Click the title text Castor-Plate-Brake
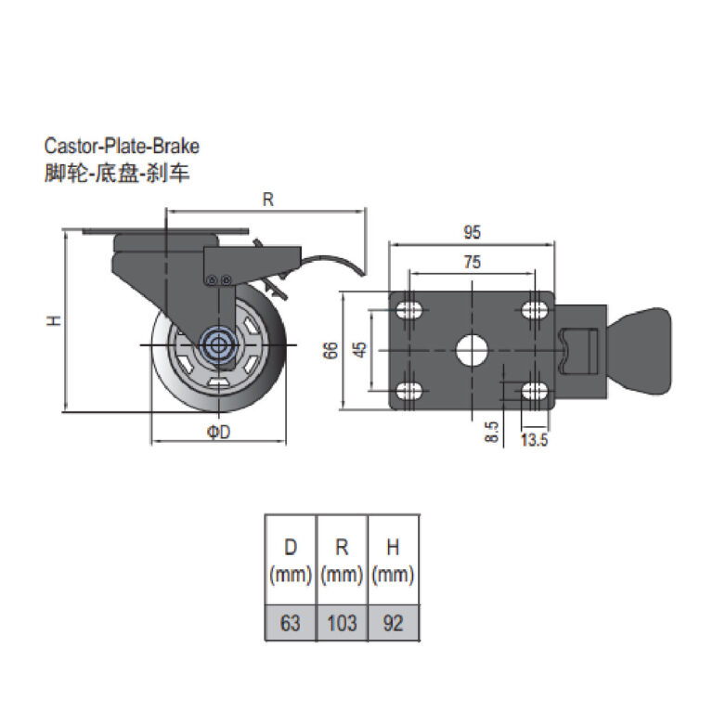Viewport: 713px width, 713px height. (x=122, y=146)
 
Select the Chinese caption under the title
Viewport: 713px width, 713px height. (x=117, y=174)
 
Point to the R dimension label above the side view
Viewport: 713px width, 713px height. (x=267, y=199)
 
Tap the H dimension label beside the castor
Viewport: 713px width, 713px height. (x=55, y=320)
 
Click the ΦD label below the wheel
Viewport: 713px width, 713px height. (x=217, y=433)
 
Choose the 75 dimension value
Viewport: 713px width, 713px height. (x=472, y=263)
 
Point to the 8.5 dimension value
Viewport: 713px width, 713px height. (x=491, y=432)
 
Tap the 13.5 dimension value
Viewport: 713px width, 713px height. (x=534, y=440)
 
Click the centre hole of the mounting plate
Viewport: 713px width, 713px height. (x=473, y=351)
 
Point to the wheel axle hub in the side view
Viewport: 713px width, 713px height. (x=219, y=345)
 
